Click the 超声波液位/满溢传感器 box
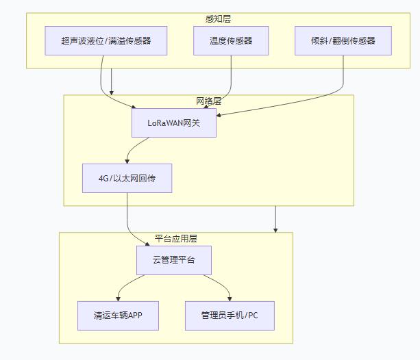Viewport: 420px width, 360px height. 107,40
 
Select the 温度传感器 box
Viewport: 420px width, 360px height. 231,40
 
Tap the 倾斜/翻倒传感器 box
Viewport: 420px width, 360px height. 343,40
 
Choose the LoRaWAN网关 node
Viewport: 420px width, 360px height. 174,123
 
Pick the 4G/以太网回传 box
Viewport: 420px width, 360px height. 127,178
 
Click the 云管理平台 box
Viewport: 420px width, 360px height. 174,260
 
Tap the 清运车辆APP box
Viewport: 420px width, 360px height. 118,316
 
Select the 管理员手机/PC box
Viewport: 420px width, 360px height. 230,316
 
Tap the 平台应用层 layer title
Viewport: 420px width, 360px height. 176,239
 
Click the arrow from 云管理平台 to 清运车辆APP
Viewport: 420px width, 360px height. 130,283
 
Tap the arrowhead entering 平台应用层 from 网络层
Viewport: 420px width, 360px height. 275,230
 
